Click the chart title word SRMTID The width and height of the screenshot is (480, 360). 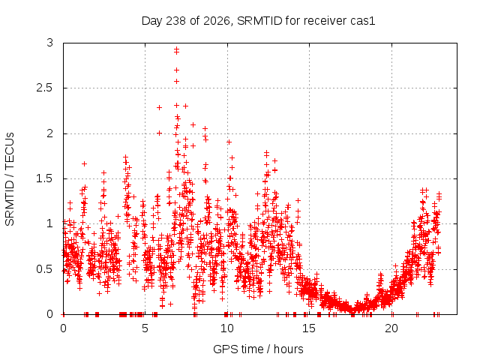coord(259,21)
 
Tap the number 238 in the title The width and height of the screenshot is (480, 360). coord(175,21)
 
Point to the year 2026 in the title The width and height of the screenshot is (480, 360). coord(217,21)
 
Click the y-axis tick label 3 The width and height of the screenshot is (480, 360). coord(50,43)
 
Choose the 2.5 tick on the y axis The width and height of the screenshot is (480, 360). coord(45,88)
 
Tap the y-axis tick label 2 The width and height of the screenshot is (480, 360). coord(50,133)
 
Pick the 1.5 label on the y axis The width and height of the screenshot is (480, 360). coord(45,178)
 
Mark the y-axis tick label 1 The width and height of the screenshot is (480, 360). coord(50,223)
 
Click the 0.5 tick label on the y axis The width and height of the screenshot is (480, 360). coord(45,269)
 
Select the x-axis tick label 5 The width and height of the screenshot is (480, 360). coord(145,328)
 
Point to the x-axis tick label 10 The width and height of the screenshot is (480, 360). coord(227,328)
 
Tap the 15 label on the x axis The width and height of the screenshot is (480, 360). coord(309,328)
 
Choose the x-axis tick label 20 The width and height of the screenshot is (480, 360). coord(391,328)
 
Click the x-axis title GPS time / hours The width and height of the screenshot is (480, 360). coord(258,349)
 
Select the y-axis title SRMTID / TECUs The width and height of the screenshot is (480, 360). coord(10,179)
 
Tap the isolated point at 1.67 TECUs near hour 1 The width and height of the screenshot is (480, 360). coord(84,163)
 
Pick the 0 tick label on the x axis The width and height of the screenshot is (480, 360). coord(63,328)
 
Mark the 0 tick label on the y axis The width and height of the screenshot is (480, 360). coord(50,314)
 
